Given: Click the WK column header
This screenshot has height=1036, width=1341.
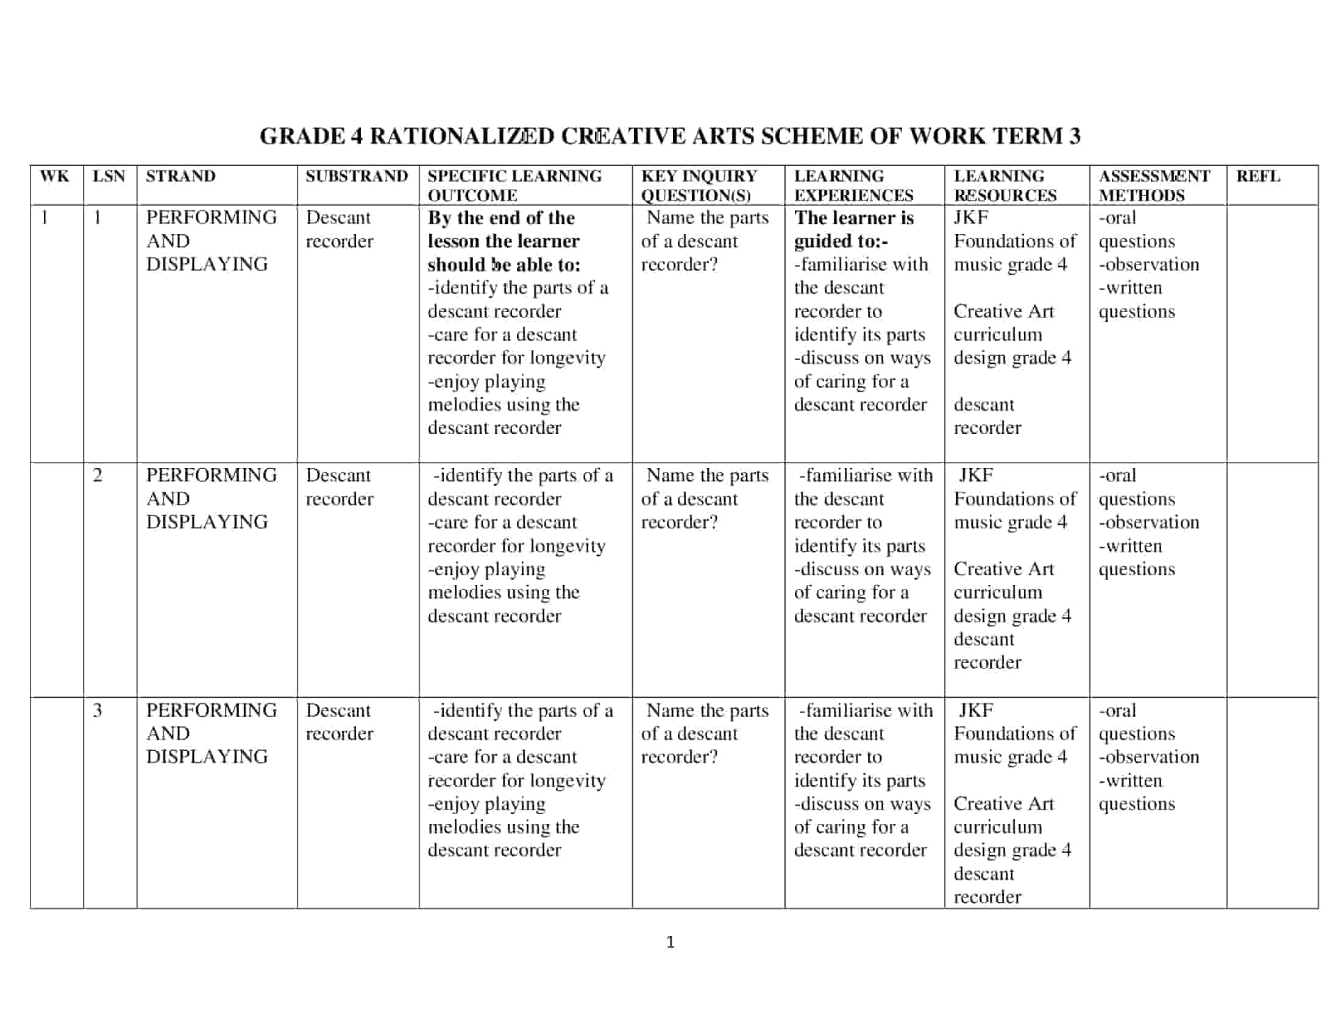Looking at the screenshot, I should click(55, 177).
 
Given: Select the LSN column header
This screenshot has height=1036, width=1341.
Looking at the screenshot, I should click(108, 177).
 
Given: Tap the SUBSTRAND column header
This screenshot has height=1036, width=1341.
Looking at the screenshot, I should click(357, 177).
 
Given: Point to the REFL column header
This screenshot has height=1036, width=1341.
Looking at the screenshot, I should click(1258, 177).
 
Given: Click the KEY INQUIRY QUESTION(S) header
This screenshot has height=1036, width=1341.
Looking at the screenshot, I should click(699, 185).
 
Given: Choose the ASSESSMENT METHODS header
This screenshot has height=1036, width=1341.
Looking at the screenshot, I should click(1154, 185).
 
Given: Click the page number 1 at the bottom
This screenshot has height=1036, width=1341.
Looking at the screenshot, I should click(670, 942).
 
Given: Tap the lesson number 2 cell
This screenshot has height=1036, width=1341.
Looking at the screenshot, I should click(98, 476).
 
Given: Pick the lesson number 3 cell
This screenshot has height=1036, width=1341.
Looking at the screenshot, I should click(98, 710).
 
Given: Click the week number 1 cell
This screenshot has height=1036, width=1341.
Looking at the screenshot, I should click(44, 218).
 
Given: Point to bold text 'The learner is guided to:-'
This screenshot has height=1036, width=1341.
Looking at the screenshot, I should click(853, 230).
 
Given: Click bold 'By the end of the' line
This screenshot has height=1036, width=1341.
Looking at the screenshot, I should click(501, 219).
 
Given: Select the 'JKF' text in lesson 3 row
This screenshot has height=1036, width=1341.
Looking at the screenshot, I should click(976, 710).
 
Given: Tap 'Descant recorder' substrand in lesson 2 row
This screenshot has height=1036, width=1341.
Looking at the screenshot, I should click(339, 487).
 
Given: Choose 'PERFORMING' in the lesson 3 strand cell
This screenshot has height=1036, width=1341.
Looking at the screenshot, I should click(212, 710).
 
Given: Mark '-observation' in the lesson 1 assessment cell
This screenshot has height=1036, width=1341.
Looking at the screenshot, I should click(1148, 264).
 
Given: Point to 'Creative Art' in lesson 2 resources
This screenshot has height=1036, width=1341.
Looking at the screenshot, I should click(1003, 569).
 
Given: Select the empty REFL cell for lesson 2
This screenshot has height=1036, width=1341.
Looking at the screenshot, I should click(1272, 580).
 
